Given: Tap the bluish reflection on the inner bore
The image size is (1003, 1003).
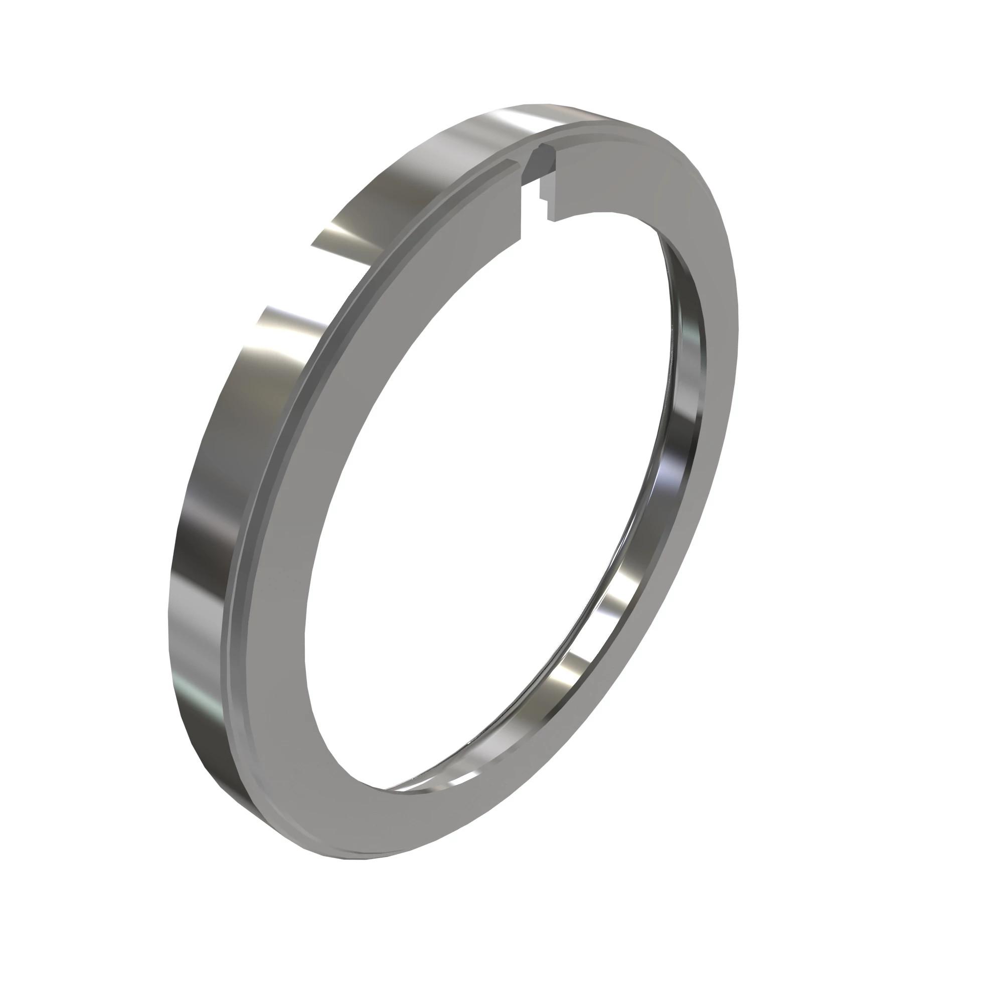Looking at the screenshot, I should (670, 467).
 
